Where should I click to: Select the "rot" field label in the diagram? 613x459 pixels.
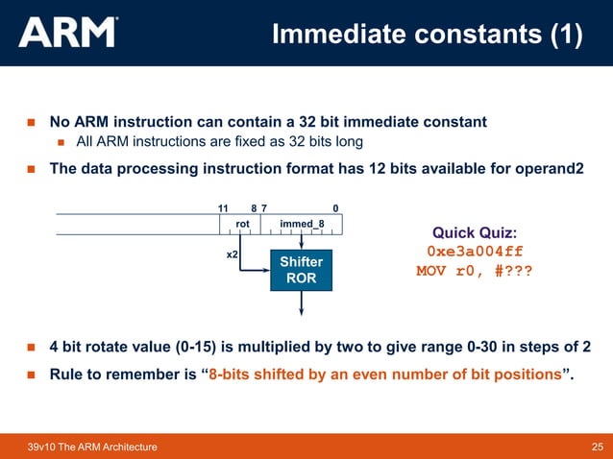(242, 224)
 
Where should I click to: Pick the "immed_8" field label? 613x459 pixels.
(301, 224)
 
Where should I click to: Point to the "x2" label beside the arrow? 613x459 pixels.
(232, 256)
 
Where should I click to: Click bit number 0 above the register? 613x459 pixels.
(335, 207)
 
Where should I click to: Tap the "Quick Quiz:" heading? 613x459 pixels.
(475, 232)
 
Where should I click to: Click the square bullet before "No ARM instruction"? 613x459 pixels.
(31, 123)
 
